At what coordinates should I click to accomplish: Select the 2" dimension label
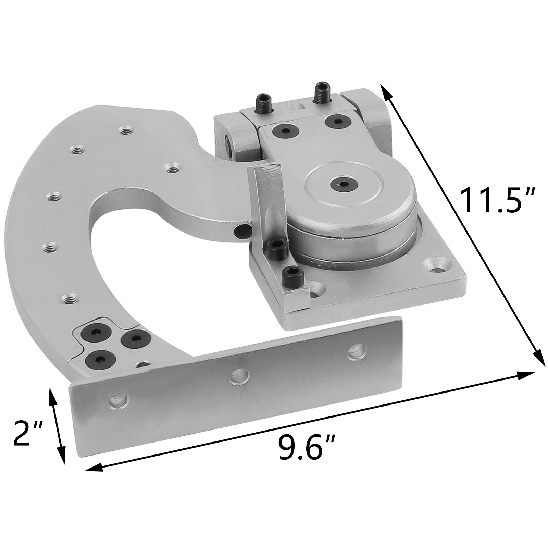[27, 433]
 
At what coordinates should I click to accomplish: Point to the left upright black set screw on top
[262, 101]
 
